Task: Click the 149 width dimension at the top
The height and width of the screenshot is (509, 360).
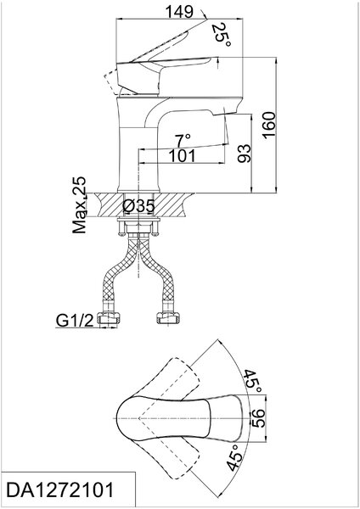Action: pos(179,13)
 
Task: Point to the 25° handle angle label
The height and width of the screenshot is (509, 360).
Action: pos(222,35)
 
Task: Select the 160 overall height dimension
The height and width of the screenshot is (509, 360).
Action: pos(269,126)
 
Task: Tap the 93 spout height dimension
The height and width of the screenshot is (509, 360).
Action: pos(245,154)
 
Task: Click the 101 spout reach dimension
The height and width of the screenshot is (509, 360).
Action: pos(182,156)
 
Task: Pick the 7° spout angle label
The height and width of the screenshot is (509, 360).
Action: pos(183,141)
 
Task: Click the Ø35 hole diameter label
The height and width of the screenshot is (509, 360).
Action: pos(138,206)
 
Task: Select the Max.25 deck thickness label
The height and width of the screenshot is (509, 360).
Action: pos(80,205)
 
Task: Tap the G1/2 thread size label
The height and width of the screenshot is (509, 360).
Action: pos(75,321)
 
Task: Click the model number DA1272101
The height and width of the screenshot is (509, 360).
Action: pos(60,489)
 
